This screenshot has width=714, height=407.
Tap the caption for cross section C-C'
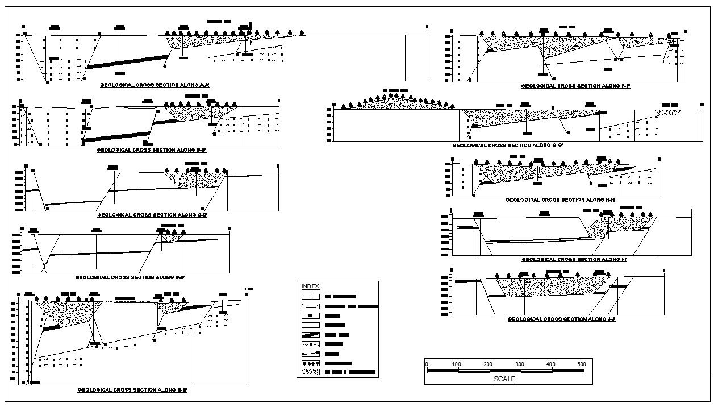(x=152, y=215)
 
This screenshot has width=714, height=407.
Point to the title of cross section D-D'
(x=131, y=277)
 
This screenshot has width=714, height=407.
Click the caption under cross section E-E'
(x=133, y=390)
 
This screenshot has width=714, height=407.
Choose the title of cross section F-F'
(x=576, y=86)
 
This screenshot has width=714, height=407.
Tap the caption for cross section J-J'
(x=562, y=319)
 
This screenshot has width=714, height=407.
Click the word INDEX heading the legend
(x=310, y=286)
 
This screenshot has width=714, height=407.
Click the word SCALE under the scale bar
(x=505, y=379)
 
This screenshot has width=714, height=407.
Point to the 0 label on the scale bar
(x=427, y=364)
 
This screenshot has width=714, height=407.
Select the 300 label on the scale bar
(x=519, y=364)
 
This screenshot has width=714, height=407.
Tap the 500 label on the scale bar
(x=581, y=364)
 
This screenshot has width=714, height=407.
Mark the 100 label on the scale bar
(x=457, y=364)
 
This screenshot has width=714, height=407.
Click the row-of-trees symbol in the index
(x=310, y=363)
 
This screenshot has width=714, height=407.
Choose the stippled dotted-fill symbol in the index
(x=310, y=372)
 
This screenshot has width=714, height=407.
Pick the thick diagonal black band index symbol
(x=310, y=335)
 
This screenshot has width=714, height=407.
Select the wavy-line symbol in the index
(x=310, y=344)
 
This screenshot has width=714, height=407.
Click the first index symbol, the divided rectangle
(x=310, y=297)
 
